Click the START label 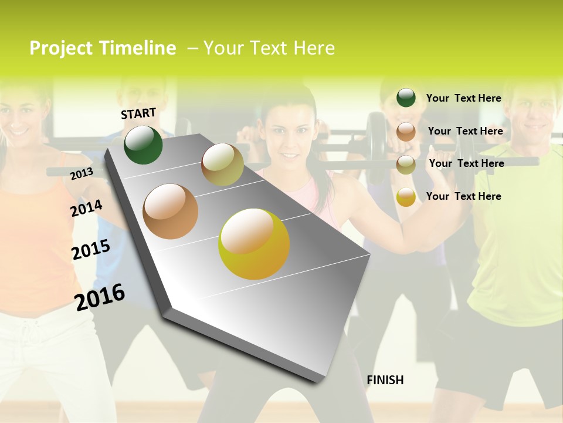138,113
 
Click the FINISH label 385,380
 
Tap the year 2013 82,173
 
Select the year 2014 86,209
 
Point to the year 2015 90,250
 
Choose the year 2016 100,297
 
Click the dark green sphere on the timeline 143,145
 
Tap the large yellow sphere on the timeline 254,244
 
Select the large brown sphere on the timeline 171,211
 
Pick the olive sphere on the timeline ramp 222,164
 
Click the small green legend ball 406,98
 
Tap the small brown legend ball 406,132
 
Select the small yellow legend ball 406,197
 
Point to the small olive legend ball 406,164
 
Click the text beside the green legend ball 463,98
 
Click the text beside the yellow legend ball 463,196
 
